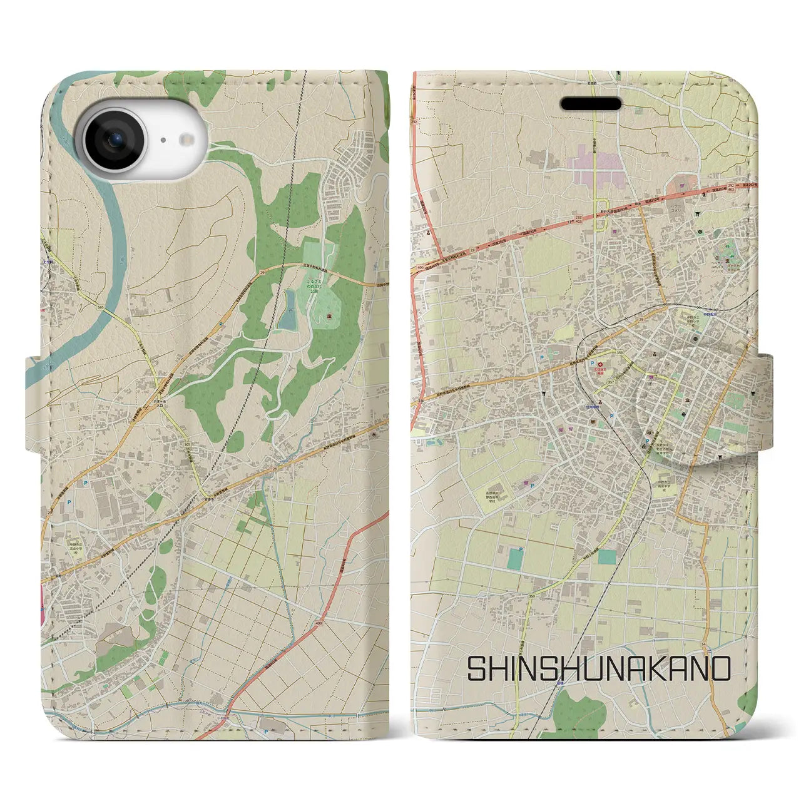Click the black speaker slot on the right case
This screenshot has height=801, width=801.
tap(591, 103)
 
